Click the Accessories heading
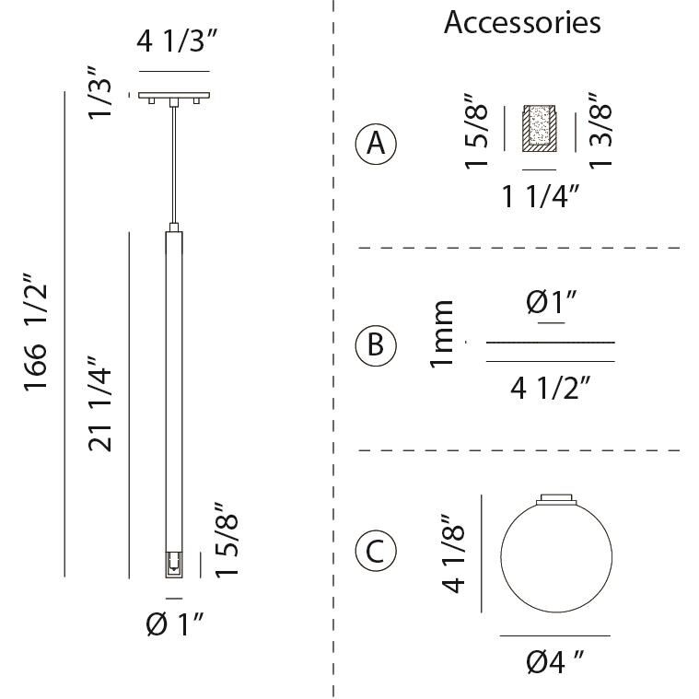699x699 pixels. (522, 22)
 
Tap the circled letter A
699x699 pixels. (376, 144)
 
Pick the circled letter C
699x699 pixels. (376, 551)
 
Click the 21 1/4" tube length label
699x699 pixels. (101, 403)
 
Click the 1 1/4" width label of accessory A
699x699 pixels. (540, 196)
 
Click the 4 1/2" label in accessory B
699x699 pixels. (550, 388)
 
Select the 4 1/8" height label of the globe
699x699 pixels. (453, 553)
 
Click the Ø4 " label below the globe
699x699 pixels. (554, 660)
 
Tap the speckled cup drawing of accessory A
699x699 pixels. (541, 127)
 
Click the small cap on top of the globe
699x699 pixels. (555, 497)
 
